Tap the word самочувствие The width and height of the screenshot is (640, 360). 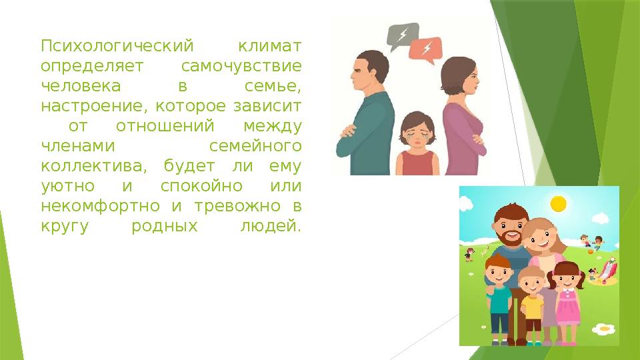click(241, 67)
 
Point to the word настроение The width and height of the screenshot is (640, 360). click(87, 107)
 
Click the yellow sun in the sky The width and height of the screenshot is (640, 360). click(557, 203)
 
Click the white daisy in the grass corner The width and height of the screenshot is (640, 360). click(604, 329)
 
